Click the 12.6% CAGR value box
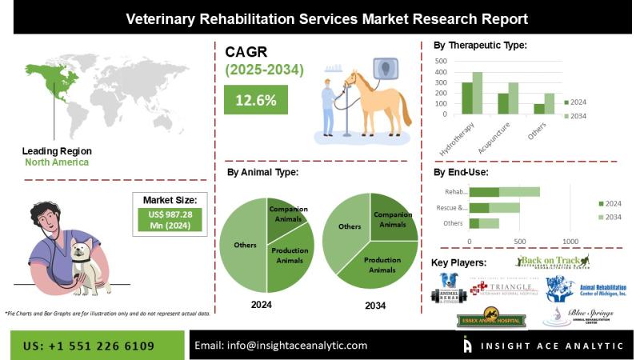pos(255,100)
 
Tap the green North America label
pos(56,162)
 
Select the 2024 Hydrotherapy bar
pos(466,99)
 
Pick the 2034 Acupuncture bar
pos(513,99)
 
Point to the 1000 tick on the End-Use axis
pos(570,241)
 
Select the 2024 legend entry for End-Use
pos(612,202)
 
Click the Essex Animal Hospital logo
pos(490,320)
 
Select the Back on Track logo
pos(553,262)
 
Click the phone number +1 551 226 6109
pos(89,346)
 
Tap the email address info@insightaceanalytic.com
pos(281,346)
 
